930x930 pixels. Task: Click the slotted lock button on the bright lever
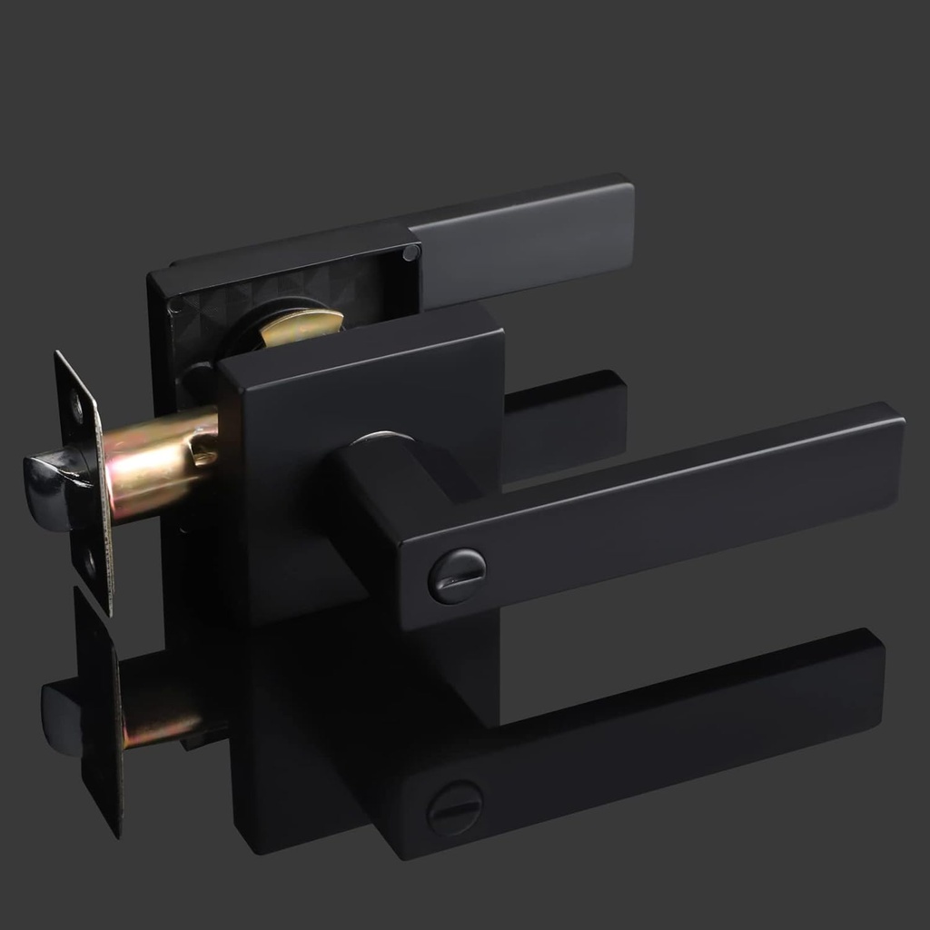coord(457,576)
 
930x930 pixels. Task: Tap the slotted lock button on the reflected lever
coord(454,808)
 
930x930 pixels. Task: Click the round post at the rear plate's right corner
coord(411,252)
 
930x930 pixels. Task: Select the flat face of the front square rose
coord(363,391)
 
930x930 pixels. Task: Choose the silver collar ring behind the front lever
coord(381,438)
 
